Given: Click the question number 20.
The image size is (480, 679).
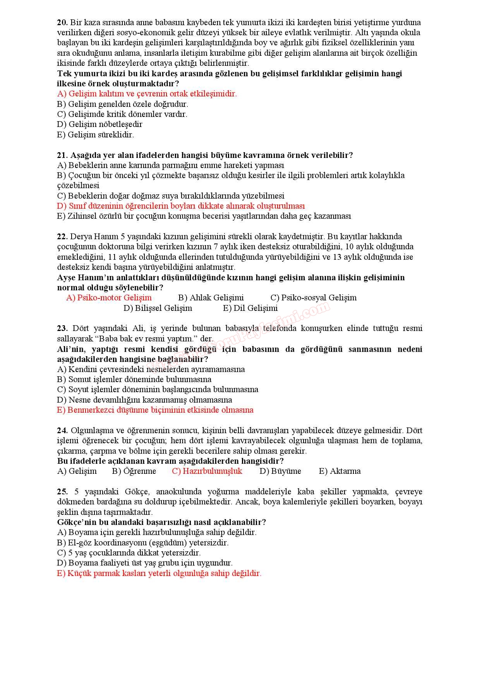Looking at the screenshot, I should pos(62,22).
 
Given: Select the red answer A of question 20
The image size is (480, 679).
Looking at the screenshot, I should pos(147,94).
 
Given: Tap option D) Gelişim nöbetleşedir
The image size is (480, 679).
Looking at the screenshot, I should pos(99,124).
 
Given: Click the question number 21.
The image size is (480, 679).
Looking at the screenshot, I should pos(62,155).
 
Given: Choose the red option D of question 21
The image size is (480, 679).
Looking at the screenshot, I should pos(181,206).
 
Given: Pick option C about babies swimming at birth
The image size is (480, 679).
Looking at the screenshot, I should pos(171,196).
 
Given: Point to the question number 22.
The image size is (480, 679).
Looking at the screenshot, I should pos(62,237).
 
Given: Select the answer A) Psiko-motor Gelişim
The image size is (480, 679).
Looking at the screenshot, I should pos(109,298).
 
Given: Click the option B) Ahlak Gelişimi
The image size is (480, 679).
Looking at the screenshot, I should pos(211,298).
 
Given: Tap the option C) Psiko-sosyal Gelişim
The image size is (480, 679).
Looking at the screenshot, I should pos(314,298).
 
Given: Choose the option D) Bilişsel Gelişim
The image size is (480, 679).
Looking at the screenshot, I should pos(158,308).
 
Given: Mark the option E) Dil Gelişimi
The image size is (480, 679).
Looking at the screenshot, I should pos(250,308).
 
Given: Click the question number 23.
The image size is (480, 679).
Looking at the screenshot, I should pos(62,329).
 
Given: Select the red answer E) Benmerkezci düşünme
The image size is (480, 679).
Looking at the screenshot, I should pos(155,410).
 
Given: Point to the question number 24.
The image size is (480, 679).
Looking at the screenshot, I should pos(62,430).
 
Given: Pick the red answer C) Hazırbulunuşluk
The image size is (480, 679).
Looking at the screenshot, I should pos(207,471).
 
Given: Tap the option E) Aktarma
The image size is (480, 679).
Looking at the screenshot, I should pos(339,471).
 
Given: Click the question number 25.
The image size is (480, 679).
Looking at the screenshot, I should pos(62,492).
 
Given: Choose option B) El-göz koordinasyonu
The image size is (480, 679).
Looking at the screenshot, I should pos(143,543).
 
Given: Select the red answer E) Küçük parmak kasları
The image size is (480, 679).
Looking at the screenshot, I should pos(159,573).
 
